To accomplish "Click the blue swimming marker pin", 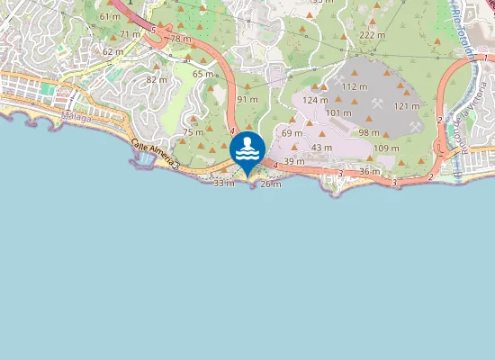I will point(247,149).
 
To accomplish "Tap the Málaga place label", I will point(76,118).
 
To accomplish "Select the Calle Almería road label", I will point(154,156).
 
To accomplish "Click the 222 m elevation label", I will point(372,35).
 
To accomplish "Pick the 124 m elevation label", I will point(315,100).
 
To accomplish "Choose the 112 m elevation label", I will point(355,86).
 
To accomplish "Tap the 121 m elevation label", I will point(407,106).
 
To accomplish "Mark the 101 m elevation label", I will point(338,112).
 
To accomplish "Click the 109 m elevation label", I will point(386,148).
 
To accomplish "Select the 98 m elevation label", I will point(369,132).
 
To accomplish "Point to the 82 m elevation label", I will point(157,80).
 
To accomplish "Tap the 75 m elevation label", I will point(193,132).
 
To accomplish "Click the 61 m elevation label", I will point(110,16).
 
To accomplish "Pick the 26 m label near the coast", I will point(270,184).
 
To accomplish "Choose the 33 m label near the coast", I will point(223,183).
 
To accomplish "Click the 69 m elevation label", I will point(292,133).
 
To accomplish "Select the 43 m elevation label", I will point(321,148).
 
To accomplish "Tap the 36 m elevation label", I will point(369,171).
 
